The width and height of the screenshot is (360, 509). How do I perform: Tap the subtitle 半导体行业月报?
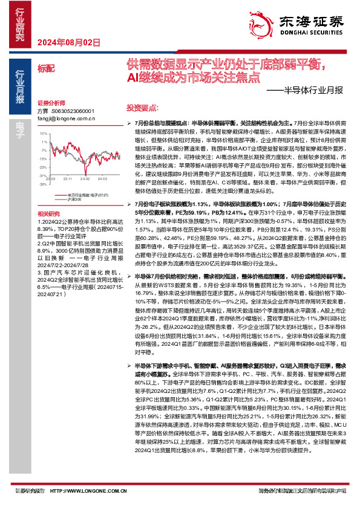[309, 91]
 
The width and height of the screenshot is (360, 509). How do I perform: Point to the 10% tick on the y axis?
[44, 135]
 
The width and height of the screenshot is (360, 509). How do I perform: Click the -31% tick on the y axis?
[43, 175]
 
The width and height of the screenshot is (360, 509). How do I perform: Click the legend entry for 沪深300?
[75, 198]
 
